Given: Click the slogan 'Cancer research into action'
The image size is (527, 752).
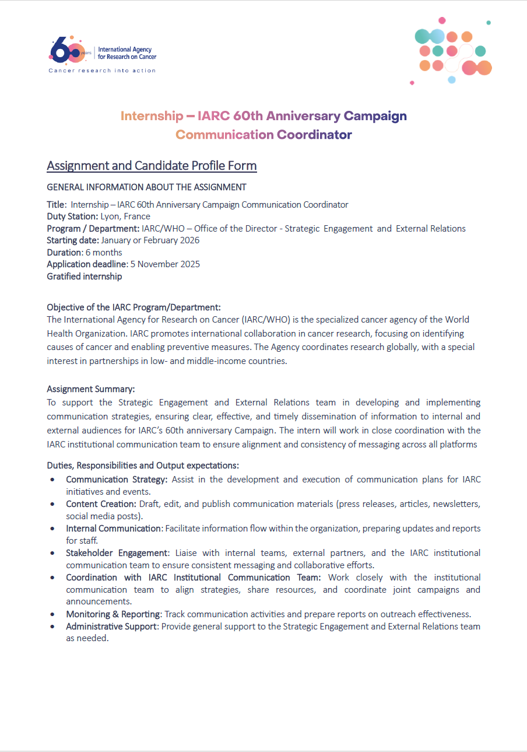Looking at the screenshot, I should (102, 71).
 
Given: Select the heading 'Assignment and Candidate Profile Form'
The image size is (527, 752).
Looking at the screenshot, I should (152, 166).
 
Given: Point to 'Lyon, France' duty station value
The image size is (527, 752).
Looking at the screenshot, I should (125, 216).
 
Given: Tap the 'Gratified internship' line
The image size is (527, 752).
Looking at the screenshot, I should (85, 277).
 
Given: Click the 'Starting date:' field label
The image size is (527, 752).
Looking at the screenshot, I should (73, 240).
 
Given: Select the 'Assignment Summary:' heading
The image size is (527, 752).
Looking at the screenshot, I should (91, 389).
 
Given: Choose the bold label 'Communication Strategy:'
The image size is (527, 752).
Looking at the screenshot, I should (117, 480).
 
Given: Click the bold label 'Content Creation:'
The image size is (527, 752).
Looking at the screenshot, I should (101, 504).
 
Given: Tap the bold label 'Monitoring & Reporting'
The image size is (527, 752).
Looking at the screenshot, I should (113, 614).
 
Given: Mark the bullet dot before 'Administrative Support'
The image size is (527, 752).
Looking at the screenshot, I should (53, 627).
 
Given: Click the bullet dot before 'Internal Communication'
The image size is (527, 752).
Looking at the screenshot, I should (53, 529).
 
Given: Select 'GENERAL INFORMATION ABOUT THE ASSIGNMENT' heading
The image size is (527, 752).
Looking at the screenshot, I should (146, 187).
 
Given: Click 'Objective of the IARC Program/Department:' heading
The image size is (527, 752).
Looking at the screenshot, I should (133, 307).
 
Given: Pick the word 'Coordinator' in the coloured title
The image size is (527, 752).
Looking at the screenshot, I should (314, 135).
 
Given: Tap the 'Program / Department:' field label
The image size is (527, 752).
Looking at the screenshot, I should (93, 229).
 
